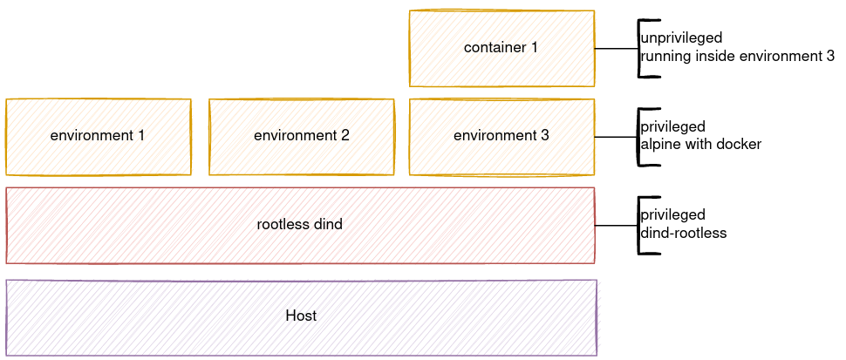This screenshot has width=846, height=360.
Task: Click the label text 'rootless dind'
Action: (x=300, y=225)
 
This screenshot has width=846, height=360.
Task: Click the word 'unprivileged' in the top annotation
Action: (x=681, y=39)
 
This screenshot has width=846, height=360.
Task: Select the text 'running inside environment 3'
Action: (x=737, y=57)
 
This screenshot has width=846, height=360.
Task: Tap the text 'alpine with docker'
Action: (x=700, y=145)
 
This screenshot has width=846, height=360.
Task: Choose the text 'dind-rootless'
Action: (x=683, y=234)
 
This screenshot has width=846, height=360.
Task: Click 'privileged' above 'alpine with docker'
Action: (x=672, y=127)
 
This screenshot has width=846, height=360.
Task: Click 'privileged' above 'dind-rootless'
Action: (x=672, y=215)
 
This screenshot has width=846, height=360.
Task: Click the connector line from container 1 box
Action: (x=616, y=49)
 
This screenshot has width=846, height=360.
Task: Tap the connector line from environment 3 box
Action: (x=616, y=137)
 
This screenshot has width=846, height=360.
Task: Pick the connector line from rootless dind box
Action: (x=616, y=225)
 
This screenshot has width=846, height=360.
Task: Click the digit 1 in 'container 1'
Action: (x=535, y=48)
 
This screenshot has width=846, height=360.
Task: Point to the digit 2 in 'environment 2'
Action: (x=345, y=136)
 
